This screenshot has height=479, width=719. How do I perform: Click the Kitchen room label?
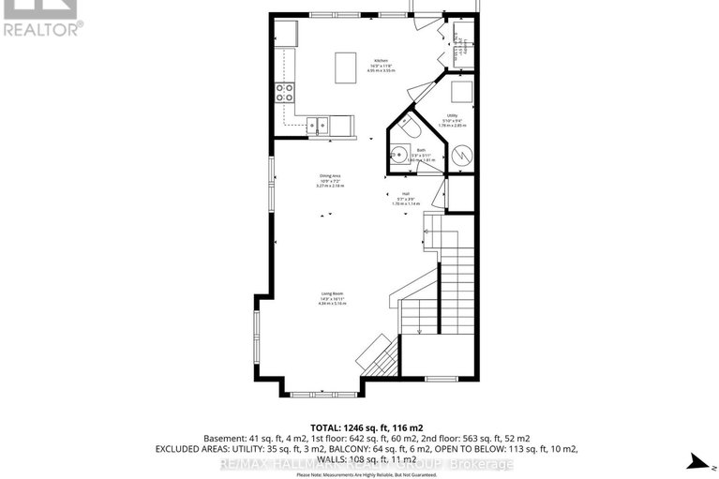pos(382,58)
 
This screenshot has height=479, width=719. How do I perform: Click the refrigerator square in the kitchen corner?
pos(285,35)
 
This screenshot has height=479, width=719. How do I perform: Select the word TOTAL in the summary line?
pos(324,425)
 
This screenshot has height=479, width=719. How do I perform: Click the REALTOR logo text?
pos(43,28)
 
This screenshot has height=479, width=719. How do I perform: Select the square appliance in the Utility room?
pos(460,92)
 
